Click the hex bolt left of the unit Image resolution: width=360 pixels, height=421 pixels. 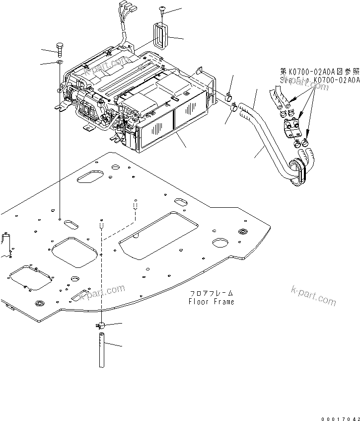[x=60, y=49]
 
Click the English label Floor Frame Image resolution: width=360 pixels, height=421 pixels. [x=211, y=302]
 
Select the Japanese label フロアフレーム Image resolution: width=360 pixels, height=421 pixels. [x=211, y=293]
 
